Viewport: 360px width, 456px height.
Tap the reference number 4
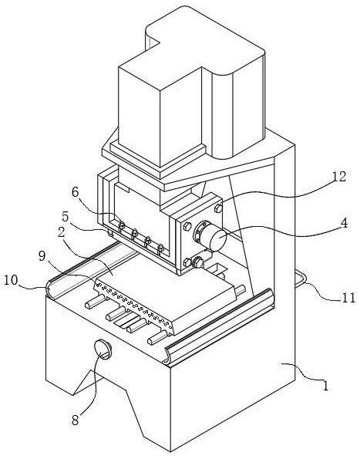pos(344,223)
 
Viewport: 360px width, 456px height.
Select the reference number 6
pos(76,192)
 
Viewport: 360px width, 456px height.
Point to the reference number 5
pos(65,217)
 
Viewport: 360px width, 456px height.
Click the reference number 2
pos(61,232)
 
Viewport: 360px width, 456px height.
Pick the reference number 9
pos(42,256)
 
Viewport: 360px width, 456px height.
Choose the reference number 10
pos(11,280)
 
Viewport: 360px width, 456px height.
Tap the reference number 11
pos(348,298)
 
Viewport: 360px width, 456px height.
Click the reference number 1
pos(326,386)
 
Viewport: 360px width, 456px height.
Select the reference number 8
pos(76,420)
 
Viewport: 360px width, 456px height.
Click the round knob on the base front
pos(103,349)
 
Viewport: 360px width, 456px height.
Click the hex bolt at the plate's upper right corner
pos(218,208)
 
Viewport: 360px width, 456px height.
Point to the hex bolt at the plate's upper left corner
pos(187,227)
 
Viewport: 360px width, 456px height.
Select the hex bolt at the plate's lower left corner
pos(187,262)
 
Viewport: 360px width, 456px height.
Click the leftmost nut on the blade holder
pos(122,225)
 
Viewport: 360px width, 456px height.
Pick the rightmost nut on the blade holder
pos(160,248)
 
